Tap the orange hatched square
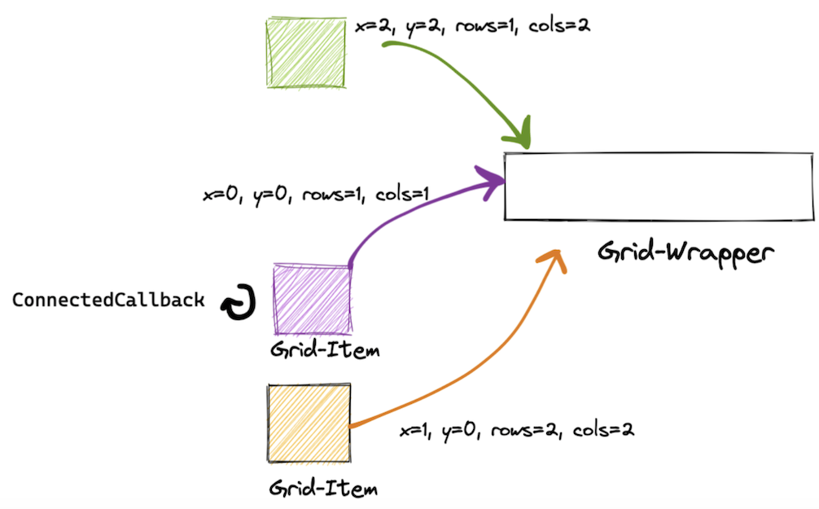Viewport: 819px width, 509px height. [309, 423]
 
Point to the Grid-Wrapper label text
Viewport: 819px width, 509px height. [683, 252]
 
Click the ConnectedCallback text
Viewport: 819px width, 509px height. [108, 300]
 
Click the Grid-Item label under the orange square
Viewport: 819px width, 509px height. [323, 489]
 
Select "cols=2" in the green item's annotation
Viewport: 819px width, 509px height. [558, 26]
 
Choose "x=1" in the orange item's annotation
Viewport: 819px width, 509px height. [414, 430]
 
